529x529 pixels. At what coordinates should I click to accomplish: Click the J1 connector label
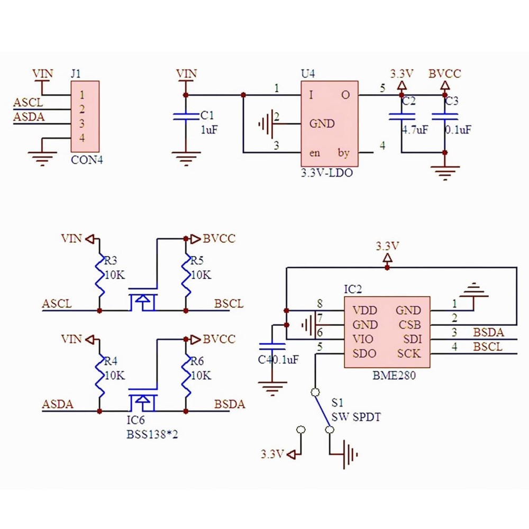click(x=76, y=74)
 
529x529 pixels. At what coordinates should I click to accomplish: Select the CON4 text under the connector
click(x=87, y=159)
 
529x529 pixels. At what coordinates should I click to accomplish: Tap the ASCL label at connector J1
click(x=28, y=103)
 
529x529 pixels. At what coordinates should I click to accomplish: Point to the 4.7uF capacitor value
click(x=414, y=130)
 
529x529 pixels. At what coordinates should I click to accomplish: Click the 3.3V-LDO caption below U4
click(x=326, y=172)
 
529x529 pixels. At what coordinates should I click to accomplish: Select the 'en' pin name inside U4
click(x=315, y=153)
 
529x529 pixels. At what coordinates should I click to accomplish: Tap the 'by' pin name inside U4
click(x=344, y=153)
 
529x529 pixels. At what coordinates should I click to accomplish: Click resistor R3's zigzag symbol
click(x=99, y=275)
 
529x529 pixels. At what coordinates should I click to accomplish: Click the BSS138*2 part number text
click(x=147, y=435)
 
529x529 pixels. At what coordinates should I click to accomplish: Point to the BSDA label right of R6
click(x=230, y=405)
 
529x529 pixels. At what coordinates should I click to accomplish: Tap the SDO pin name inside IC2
click(x=365, y=353)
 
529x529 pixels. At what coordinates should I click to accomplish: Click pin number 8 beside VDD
click(x=319, y=304)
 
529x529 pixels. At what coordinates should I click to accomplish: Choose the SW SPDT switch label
click(x=356, y=417)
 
